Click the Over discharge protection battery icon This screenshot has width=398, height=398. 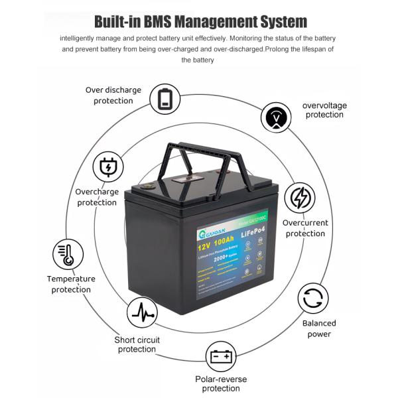coord(165,99)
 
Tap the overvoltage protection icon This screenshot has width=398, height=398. coord(277,118)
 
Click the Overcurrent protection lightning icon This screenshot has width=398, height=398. coord(300,198)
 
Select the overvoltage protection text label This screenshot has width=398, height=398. coord(324,110)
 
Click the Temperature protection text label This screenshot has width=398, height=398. coord(71,285)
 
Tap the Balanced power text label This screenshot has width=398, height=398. coord(319,329)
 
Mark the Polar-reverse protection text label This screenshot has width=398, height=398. coord(221,383)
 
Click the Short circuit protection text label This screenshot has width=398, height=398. coord(137,345)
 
